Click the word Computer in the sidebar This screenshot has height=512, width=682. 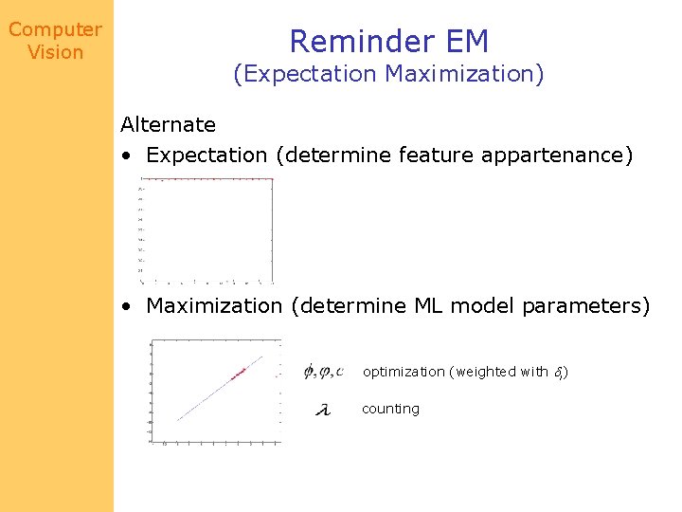[x=55, y=29]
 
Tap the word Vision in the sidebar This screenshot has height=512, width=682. [x=55, y=52]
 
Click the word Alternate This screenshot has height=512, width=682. [x=168, y=124]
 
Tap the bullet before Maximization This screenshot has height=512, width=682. [x=126, y=307]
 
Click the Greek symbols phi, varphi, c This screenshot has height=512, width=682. [x=323, y=371]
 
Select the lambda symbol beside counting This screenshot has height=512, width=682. [x=322, y=410]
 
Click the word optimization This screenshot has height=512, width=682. [x=404, y=372]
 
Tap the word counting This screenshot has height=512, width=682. [x=390, y=409]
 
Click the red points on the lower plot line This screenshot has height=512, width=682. [x=238, y=372]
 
